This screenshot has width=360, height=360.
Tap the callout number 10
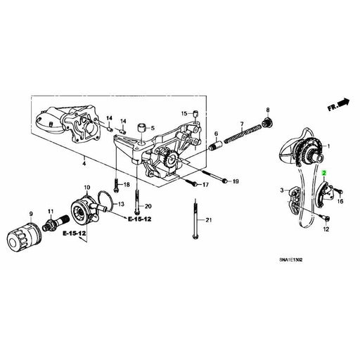tap(87, 187)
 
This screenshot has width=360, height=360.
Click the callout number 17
tap(206, 184)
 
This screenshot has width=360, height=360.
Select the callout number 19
tap(236, 182)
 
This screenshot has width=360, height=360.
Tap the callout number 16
tap(340, 200)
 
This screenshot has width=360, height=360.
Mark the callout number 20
tap(148, 206)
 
